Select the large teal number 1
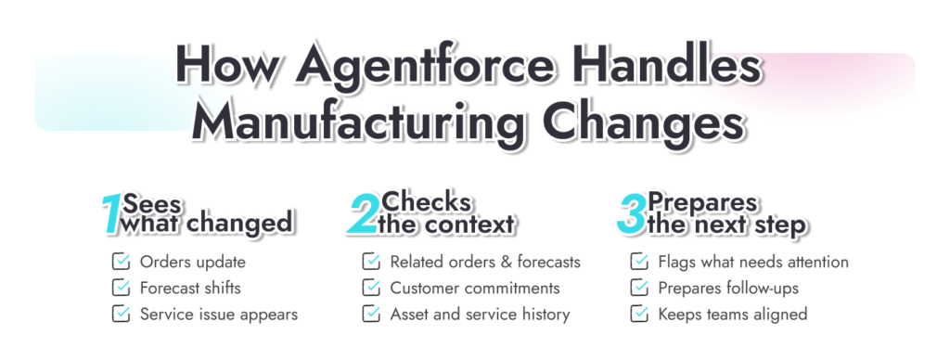tap(111, 214)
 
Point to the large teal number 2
tap(364, 214)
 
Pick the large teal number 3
tap(631, 214)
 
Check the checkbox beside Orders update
tap(121, 262)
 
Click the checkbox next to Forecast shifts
tap(121, 288)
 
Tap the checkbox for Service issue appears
tap(121, 314)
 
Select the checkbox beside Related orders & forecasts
tap(371, 262)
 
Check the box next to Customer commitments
tap(371, 288)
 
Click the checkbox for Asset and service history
tap(371, 314)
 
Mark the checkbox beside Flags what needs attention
tap(639, 262)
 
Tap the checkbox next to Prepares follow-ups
tap(639, 288)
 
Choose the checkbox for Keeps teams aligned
tap(639, 314)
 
